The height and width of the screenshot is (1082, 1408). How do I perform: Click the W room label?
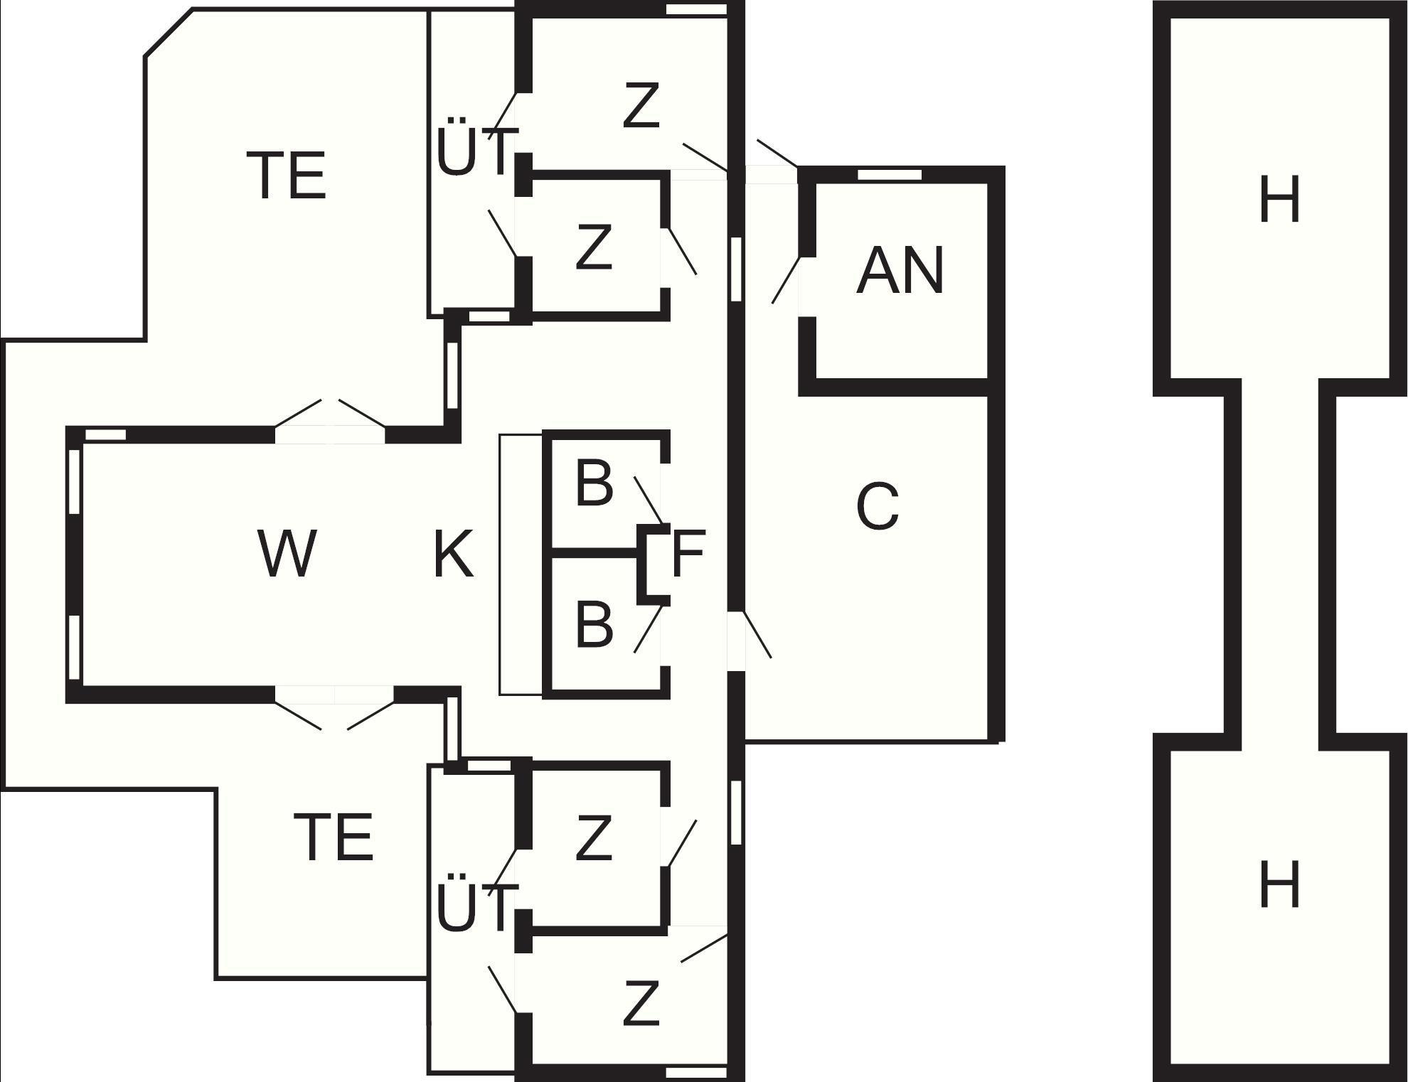287,554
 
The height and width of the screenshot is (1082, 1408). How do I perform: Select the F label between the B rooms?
688,554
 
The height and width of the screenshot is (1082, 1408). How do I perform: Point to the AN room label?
900,271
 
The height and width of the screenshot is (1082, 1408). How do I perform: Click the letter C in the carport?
878,507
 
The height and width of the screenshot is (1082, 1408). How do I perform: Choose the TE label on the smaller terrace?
334,837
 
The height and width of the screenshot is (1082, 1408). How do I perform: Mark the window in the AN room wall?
889,175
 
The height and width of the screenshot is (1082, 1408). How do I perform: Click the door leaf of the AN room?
786,280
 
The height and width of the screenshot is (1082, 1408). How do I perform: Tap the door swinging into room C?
757,634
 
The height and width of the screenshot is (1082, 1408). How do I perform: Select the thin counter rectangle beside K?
521,564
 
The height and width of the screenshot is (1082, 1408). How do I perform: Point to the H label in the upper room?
1279,200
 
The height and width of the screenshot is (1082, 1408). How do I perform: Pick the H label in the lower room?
1279,884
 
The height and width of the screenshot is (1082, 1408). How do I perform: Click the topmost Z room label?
641,106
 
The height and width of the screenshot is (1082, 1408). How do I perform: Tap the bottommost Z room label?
641,1003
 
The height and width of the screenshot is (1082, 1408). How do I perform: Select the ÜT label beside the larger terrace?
473,152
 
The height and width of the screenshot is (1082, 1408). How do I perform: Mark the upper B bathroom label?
594,483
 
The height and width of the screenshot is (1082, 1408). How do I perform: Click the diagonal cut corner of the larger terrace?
169,32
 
